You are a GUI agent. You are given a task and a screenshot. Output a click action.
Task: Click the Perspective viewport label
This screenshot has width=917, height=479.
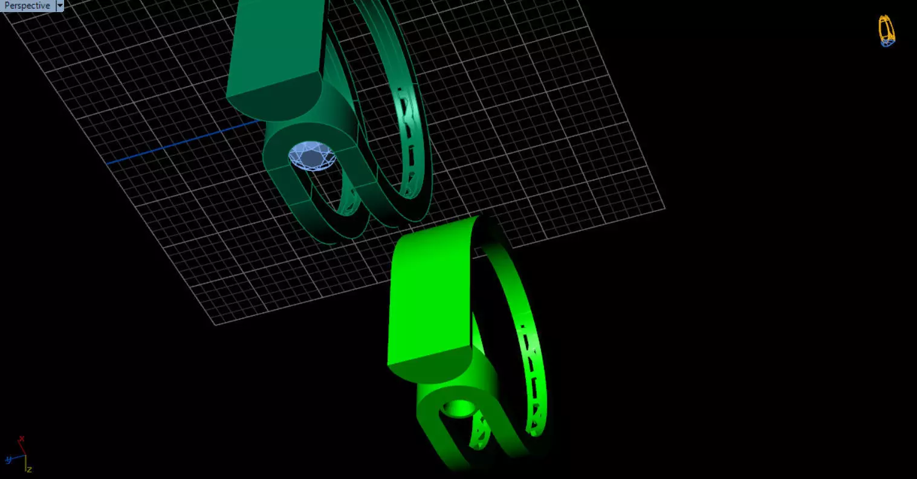(x=27, y=5)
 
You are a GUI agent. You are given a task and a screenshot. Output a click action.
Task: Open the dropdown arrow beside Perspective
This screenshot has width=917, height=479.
(x=60, y=5)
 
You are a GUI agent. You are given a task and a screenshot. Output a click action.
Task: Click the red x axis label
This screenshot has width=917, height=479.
(x=21, y=439)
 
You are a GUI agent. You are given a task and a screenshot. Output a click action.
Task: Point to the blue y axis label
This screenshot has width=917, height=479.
(x=8, y=460)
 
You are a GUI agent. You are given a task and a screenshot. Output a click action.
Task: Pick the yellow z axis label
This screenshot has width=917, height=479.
(x=29, y=469)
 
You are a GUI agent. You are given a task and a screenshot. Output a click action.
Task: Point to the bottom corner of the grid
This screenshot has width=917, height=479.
(x=216, y=324)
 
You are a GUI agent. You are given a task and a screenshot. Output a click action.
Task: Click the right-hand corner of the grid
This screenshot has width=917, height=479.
(x=664, y=209)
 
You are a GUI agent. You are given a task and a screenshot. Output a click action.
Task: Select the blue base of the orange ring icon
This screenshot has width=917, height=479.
(x=887, y=43)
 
